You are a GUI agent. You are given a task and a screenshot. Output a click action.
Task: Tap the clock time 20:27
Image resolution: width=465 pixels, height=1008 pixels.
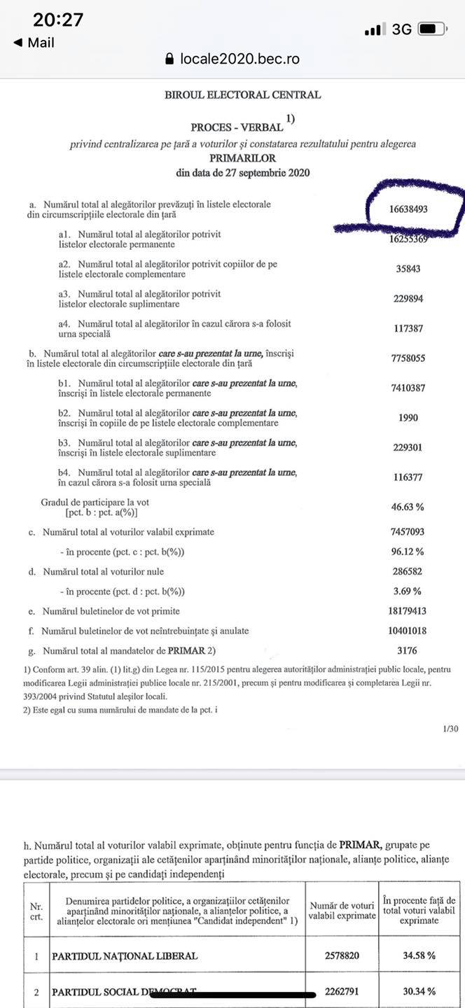point(58,20)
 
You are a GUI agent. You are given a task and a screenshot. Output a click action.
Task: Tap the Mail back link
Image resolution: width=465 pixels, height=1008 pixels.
point(34,43)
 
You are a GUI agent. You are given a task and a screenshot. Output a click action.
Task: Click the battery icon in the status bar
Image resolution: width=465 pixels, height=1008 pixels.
point(432,29)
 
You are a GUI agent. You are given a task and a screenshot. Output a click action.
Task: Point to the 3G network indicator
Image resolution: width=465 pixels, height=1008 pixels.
point(401,29)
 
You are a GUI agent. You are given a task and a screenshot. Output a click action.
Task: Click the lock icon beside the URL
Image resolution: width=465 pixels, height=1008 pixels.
point(169,59)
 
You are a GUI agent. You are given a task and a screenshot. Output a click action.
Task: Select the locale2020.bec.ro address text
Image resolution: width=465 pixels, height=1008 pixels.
point(240,59)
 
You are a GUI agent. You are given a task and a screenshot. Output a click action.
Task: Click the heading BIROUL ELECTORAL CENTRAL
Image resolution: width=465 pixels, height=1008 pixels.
point(242,95)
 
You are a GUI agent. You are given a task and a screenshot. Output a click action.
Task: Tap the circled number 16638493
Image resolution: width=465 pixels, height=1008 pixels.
point(409,209)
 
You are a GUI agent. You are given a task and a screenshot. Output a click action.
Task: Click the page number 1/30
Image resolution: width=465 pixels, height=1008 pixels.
point(450,729)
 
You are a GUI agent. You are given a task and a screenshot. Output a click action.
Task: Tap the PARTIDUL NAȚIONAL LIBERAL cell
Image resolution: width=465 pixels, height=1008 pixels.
point(125,955)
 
